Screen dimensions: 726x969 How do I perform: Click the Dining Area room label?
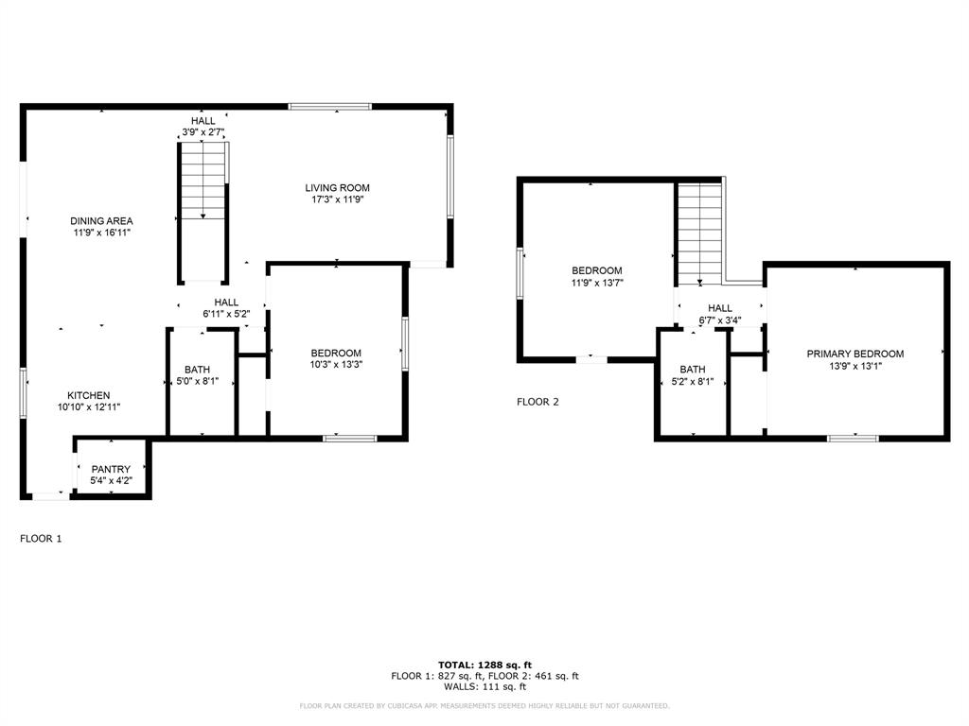[102, 221]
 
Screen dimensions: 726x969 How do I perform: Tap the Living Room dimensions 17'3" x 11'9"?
[336, 200]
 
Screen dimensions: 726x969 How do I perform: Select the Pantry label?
[111, 469]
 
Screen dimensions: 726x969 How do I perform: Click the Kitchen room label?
[88, 395]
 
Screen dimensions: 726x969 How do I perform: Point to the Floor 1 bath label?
[198, 370]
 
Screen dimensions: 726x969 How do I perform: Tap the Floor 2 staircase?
[699, 232]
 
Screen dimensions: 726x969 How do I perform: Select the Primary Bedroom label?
[854, 354]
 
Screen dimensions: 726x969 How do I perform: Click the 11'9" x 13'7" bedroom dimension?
[596, 283]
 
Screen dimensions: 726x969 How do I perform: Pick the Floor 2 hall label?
[720, 308]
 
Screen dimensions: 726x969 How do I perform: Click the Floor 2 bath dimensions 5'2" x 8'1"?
[692, 383]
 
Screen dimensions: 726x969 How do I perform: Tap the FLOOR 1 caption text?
[41, 539]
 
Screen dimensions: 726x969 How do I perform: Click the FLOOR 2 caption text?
[537, 402]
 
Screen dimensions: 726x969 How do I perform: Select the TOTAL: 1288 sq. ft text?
[484, 665]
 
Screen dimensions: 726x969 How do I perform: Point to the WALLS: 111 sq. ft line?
[484, 687]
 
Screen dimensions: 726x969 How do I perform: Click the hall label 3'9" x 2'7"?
[203, 133]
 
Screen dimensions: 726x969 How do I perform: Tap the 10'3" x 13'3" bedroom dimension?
[336, 365]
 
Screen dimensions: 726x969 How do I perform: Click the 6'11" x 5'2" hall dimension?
[225, 314]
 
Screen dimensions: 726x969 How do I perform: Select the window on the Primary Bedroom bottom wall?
[853, 438]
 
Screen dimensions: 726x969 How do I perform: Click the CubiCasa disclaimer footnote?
[484, 706]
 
